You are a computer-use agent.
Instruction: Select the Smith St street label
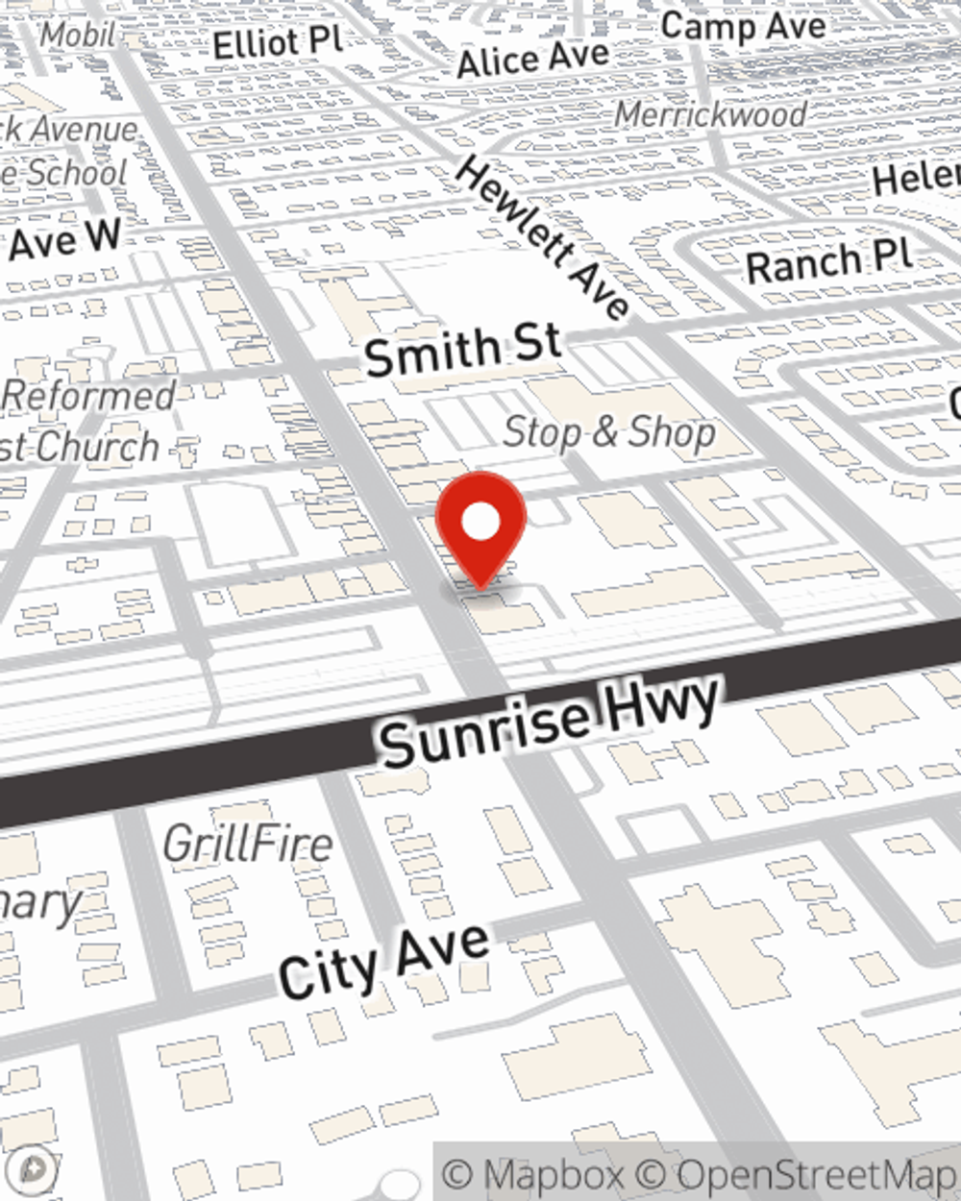tap(462, 350)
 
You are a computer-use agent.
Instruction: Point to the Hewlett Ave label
tap(544, 237)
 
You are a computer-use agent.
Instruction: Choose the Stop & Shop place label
tap(609, 432)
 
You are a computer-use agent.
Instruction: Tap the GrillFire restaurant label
tap(248, 845)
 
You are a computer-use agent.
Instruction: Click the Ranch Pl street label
tap(828, 261)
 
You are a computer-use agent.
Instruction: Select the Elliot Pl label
tap(278, 42)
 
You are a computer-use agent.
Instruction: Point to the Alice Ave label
tap(532, 60)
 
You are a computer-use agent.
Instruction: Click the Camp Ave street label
tap(743, 26)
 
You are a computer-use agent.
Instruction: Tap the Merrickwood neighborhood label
tap(710, 114)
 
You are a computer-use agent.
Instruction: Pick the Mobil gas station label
tap(78, 35)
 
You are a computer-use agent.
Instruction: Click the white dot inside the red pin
tap(480, 523)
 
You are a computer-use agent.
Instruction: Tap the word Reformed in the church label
tap(89, 395)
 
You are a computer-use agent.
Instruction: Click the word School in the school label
tap(76, 173)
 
